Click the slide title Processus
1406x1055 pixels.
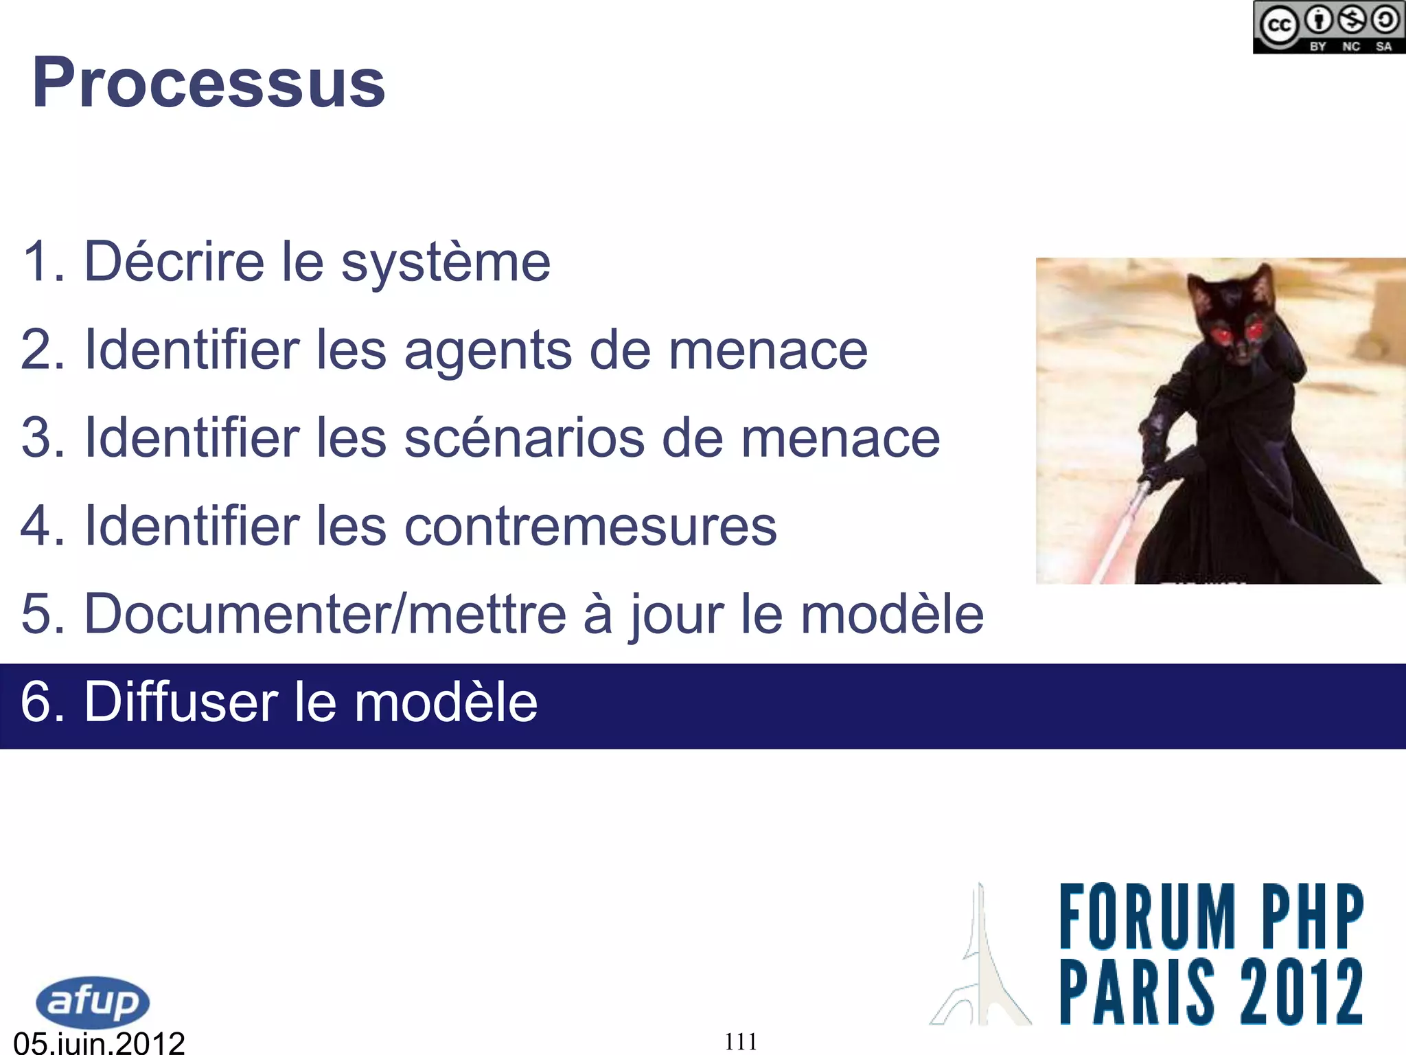pyautogui.click(x=209, y=83)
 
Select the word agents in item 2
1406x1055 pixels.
pyautogui.click(x=487, y=350)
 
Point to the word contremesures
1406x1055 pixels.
pyautogui.click(x=590, y=526)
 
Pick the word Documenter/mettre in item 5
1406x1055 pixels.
pyautogui.click(x=325, y=613)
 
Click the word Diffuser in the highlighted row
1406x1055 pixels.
pyautogui.click(x=181, y=702)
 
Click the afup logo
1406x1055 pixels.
pyautogui.click(x=93, y=1001)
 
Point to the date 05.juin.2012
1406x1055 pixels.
pyautogui.click(x=100, y=1043)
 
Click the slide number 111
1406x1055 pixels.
pyautogui.click(x=741, y=1042)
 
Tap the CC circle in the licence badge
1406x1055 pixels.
pyautogui.click(x=1278, y=26)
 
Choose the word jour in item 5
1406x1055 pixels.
pyautogui.click(x=676, y=613)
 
